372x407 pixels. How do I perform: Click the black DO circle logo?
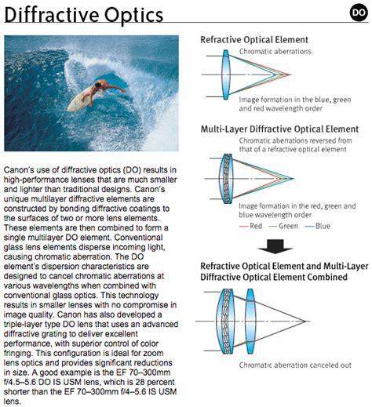click(359, 13)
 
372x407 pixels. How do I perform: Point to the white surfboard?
click(81, 100)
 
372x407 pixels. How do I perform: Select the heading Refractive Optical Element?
click(254, 40)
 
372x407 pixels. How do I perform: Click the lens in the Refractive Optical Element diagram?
click(226, 74)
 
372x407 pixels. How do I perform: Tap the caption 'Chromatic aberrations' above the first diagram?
click(275, 52)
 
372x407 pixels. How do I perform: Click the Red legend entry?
click(251, 226)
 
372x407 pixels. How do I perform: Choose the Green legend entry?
click(283, 226)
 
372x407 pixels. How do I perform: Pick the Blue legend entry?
click(318, 226)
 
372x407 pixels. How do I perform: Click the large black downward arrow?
click(275, 246)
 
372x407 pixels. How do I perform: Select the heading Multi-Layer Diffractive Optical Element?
click(279, 129)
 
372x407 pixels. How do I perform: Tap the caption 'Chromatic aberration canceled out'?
click(295, 365)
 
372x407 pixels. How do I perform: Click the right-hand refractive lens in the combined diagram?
click(250, 322)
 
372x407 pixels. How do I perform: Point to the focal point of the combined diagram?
click(305, 322)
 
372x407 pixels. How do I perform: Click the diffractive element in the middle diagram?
click(226, 179)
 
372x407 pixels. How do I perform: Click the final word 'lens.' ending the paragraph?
click(12, 402)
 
